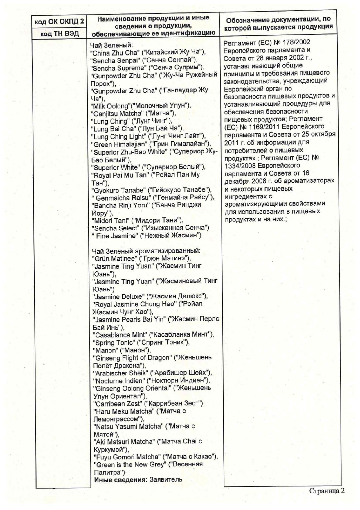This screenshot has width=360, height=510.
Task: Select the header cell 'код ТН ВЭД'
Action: [60, 34]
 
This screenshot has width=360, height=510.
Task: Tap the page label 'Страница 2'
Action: [327, 491]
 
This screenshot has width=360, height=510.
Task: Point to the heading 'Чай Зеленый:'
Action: [111, 45]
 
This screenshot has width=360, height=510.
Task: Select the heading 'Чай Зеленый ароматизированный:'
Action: [146, 251]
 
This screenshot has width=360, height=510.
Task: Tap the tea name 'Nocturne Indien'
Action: [118, 380]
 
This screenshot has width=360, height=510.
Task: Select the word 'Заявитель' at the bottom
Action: [166, 479]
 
